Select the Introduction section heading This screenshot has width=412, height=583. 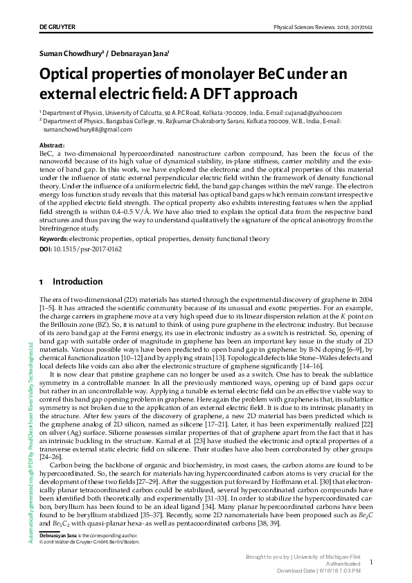(x=78, y=282)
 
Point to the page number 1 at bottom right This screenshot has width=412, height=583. (x=371, y=563)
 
